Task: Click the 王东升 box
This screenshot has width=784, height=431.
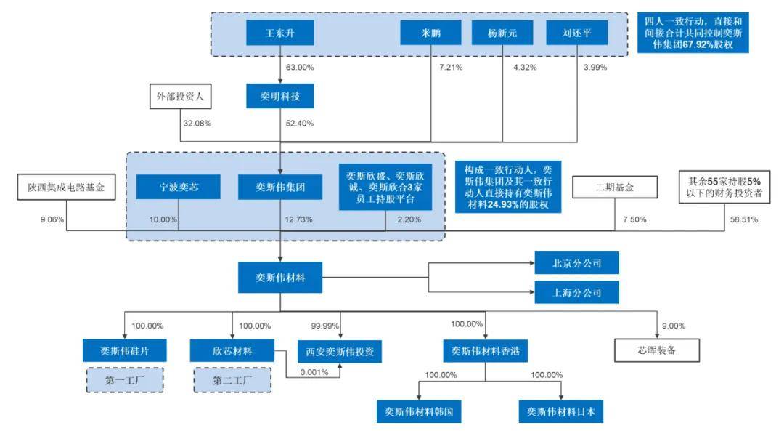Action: pyautogui.click(x=279, y=33)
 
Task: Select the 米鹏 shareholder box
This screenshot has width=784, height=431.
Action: pyautogui.click(x=430, y=33)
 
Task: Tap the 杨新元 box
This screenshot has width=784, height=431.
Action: pyautogui.click(x=502, y=33)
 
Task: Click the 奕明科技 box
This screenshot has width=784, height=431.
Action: pyautogui.click(x=279, y=96)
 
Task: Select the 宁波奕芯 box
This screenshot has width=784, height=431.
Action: pyautogui.click(x=178, y=187)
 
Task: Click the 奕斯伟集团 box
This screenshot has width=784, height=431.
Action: pyautogui.click(x=279, y=187)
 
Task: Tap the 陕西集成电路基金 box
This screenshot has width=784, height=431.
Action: pyautogui.click(x=67, y=188)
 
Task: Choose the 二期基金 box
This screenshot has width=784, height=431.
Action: pyautogui.click(x=615, y=187)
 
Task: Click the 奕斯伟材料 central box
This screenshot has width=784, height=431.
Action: pyautogui.click(x=279, y=278)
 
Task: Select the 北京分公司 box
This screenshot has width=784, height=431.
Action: pyautogui.click(x=577, y=262)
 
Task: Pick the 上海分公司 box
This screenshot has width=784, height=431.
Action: pyautogui.click(x=577, y=292)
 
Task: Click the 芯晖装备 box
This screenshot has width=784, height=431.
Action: pyautogui.click(x=657, y=350)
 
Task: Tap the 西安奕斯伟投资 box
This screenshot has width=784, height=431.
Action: pyautogui.click(x=339, y=352)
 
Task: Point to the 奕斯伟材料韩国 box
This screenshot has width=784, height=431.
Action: pyautogui.click(x=419, y=411)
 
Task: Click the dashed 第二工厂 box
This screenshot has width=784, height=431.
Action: pyautogui.click(x=232, y=379)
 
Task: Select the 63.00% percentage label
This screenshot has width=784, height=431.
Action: pyautogui.click(x=300, y=68)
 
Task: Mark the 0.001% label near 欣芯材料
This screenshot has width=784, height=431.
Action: pyautogui.click(x=313, y=372)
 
